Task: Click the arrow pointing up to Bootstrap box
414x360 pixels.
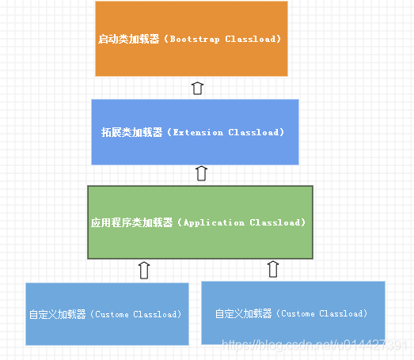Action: (198, 87)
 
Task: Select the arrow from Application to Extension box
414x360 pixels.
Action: (201, 174)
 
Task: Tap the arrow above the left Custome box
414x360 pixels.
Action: (144, 270)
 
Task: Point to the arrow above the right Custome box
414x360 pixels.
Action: (273, 269)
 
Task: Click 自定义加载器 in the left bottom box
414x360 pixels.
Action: (57, 314)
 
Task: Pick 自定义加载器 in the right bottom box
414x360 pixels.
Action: (243, 313)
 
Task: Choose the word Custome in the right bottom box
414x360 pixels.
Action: (300, 313)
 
